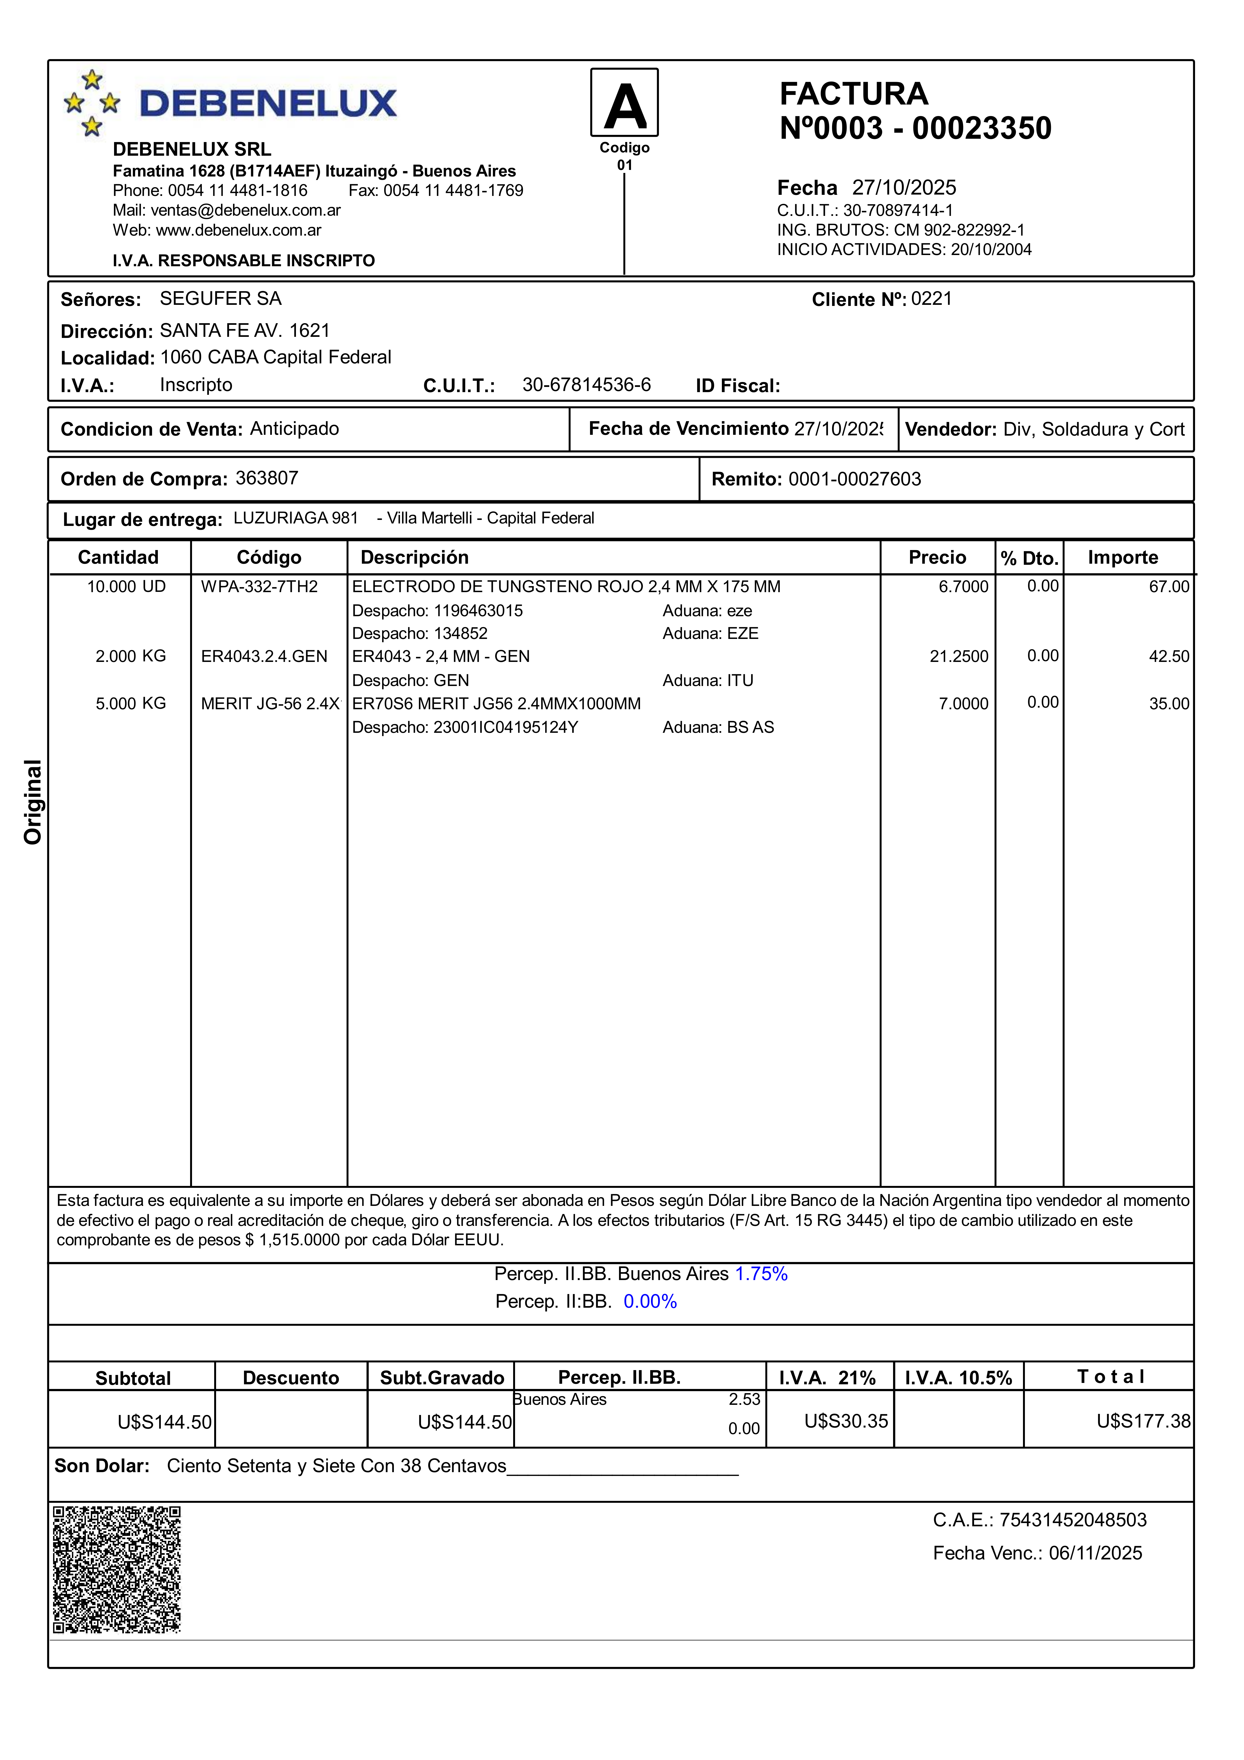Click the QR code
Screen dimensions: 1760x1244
(117, 1569)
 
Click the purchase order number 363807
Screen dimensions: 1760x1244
(267, 478)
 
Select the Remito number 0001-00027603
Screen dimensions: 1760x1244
(854, 479)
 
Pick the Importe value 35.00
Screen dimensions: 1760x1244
(1169, 704)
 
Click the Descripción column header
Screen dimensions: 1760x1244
(415, 557)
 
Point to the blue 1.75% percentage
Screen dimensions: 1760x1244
(761, 1274)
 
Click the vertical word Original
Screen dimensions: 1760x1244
(32, 803)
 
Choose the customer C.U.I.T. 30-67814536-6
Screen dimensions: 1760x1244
(586, 385)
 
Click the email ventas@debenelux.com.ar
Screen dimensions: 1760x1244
(245, 210)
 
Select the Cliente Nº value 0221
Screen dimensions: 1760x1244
(931, 299)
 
